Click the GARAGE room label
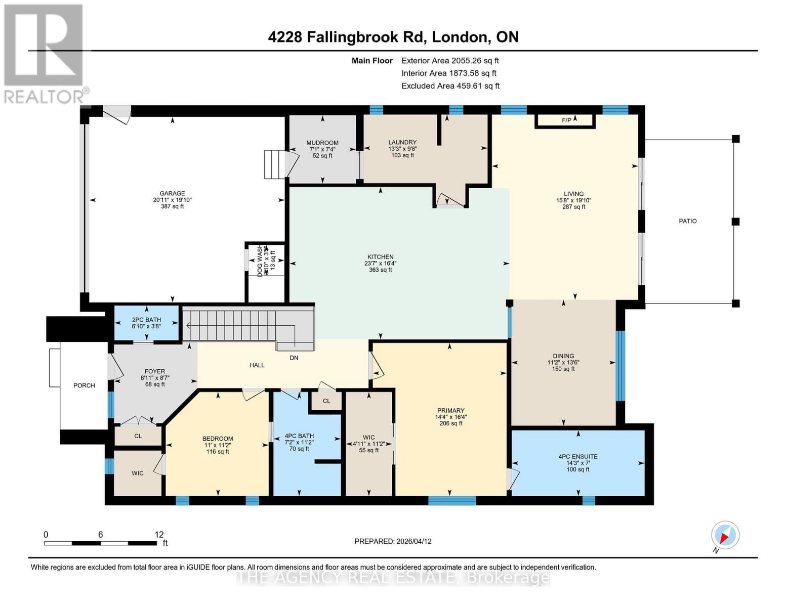point(172,193)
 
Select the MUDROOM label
point(322,143)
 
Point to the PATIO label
point(687,221)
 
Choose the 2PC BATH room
point(146,323)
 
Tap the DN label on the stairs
point(294,358)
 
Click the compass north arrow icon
point(725,535)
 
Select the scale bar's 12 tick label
point(159,534)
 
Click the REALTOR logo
point(44,53)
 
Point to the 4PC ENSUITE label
point(577,456)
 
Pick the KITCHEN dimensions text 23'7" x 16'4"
point(380,264)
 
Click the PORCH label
point(84,385)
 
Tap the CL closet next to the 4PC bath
point(326,401)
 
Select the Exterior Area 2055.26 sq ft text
point(450,60)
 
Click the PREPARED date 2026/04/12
point(393,541)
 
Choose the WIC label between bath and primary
point(368,437)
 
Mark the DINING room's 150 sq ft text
point(563,369)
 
